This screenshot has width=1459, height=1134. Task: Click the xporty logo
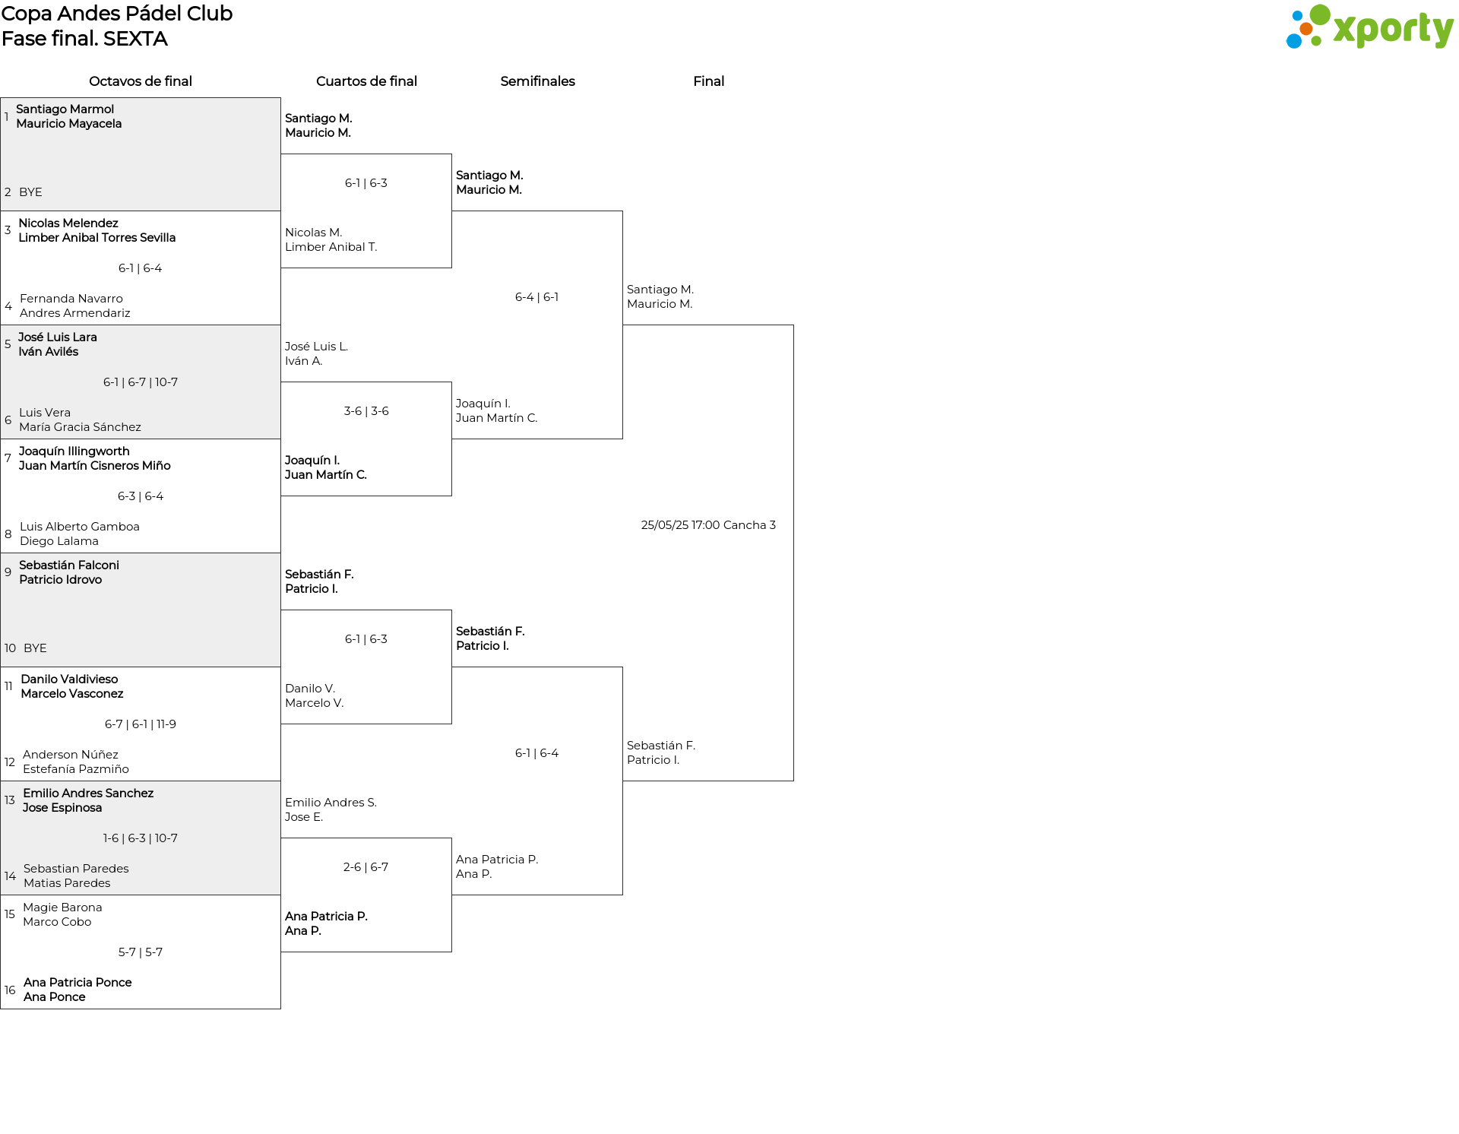pyautogui.click(x=1369, y=27)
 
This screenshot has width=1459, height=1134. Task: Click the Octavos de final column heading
pyautogui.click(x=141, y=81)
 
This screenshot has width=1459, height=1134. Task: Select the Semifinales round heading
pyautogui.click(x=537, y=81)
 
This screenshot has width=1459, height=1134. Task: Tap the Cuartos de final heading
pyautogui.click(x=366, y=81)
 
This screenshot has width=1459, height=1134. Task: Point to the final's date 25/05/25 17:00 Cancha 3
pyautogui.click(x=708, y=525)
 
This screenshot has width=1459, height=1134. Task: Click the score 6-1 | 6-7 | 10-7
pyautogui.click(x=141, y=382)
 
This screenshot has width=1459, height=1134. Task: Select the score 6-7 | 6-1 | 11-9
pyautogui.click(x=141, y=724)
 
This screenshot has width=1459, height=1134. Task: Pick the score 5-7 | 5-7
pyautogui.click(x=141, y=952)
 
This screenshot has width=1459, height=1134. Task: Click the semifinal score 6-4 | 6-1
pyautogui.click(x=536, y=297)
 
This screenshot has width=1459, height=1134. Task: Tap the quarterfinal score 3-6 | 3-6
pyautogui.click(x=366, y=411)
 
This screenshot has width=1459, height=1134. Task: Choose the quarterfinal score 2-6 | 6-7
pyautogui.click(x=366, y=867)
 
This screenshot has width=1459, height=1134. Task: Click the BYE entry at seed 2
pyautogui.click(x=30, y=192)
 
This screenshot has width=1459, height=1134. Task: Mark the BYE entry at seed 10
pyautogui.click(x=35, y=648)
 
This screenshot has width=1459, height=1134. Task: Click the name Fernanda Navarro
pyautogui.click(x=71, y=299)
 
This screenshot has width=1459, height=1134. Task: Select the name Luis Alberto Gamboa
pyautogui.click(x=80, y=527)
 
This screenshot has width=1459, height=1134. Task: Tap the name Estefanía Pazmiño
pyautogui.click(x=76, y=769)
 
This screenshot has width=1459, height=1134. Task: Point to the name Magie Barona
pyautogui.click(x=62, y=908)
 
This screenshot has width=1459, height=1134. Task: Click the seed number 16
pyautogui.click(x=10, y=990)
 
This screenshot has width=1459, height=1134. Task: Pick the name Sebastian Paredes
pyautogui.click(x=76, y=869)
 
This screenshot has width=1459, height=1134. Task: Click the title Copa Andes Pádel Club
pyautogui.click(x=117, y=14)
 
